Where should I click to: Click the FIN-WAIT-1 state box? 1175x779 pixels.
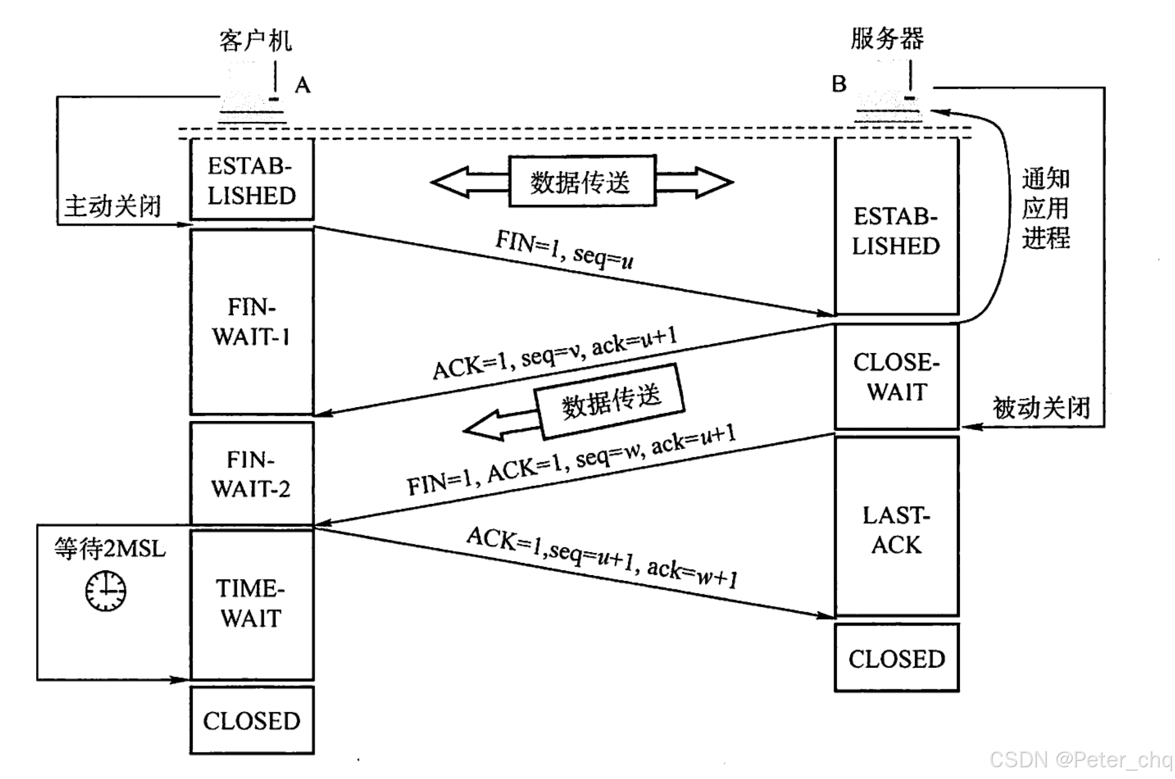click(x=251, y=322)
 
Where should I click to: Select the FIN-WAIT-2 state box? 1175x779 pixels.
click(x=251, y=473)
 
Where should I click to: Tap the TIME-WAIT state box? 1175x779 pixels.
click(x=251, y=605)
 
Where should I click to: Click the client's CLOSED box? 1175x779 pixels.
click(x=251, y=721)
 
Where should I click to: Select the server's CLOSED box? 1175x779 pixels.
click(x=896, y=658)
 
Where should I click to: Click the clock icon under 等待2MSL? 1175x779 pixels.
click(x=106, y=591)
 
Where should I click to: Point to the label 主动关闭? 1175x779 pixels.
click(x=113, y=207)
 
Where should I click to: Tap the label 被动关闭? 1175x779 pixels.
click(x=1041, y=408)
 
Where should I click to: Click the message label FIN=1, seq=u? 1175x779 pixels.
click(x=564, y=249)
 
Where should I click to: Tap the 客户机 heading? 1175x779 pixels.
click(x=256, y=41)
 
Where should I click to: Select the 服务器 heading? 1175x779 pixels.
click(x=887, y=39)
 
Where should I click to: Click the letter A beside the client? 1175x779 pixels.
click(x=302, y=85)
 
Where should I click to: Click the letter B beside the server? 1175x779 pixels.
click(x=839, y=84)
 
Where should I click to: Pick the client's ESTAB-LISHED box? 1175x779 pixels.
click(x=251, y=180)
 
